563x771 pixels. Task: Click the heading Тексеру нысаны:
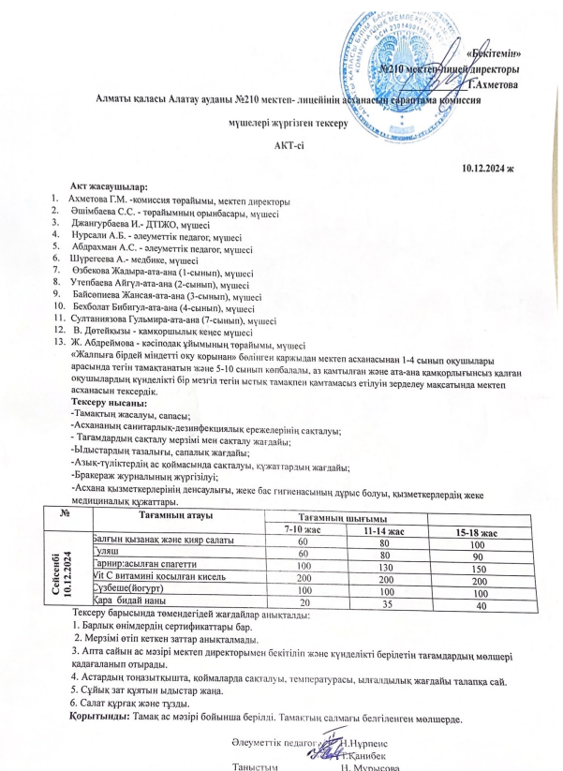(103, 402)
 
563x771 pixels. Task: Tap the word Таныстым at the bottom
(256, 765)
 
